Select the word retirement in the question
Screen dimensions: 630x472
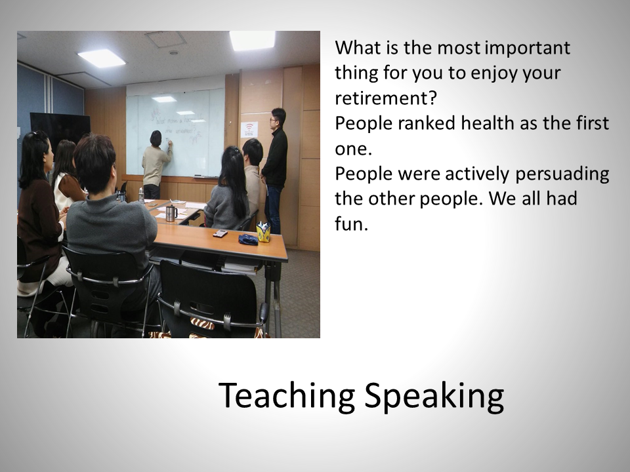tap(386, 98)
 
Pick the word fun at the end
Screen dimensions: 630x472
tap(352, 224)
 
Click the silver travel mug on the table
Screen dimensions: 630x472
tap(171, 212)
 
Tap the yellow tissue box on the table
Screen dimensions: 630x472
tap(264, 232)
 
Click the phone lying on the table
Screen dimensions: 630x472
tap(220, 233)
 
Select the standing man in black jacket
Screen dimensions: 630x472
tap(275, 170)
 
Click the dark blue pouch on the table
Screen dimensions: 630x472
tap(248, 240)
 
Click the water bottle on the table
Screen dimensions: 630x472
tap(141, 195)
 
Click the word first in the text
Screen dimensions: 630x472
tap(592, 123)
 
